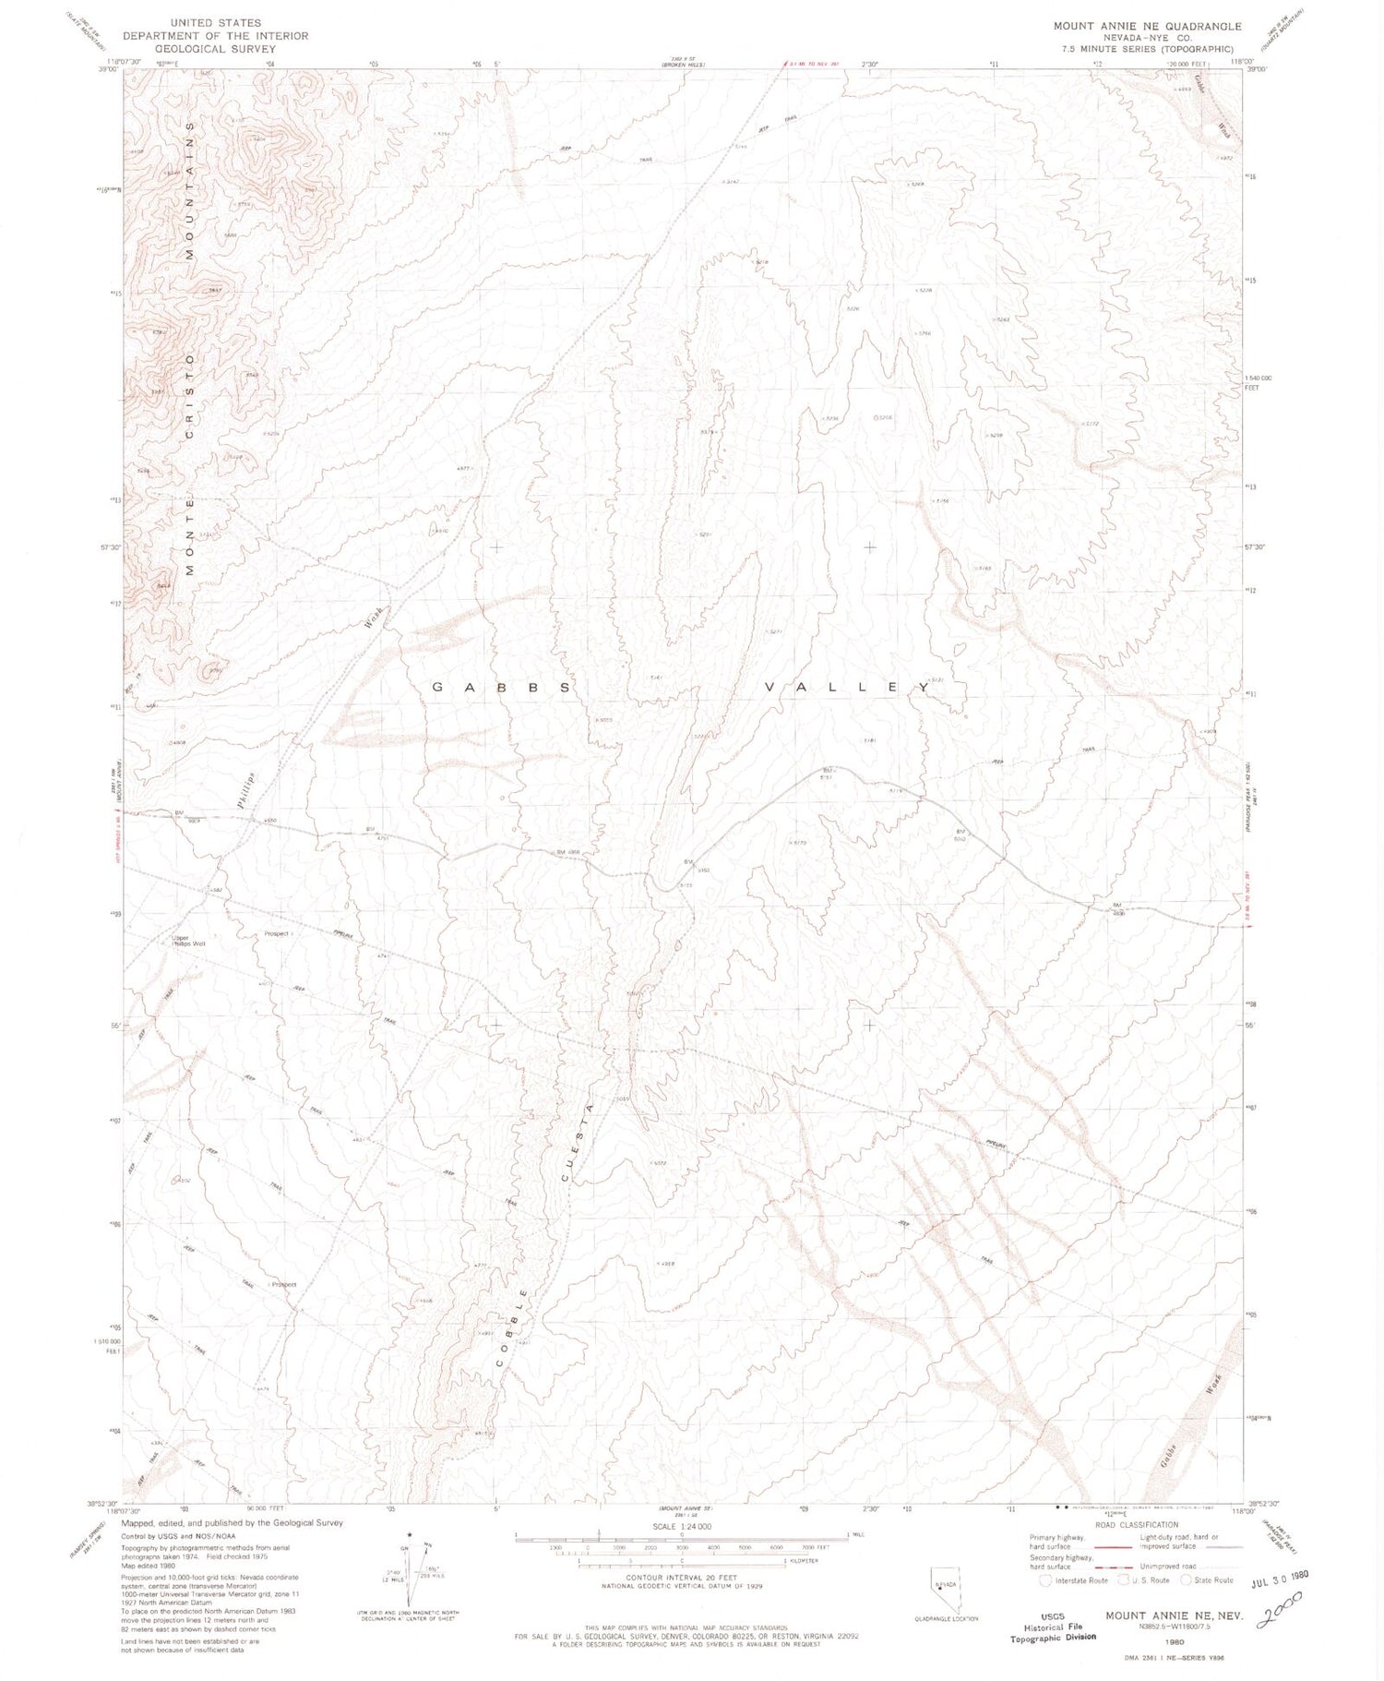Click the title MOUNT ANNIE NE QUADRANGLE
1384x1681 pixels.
coord(1147,27)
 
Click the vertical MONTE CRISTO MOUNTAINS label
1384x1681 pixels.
coord(190,342)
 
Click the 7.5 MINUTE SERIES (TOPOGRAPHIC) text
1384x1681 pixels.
coord(1147,48)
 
